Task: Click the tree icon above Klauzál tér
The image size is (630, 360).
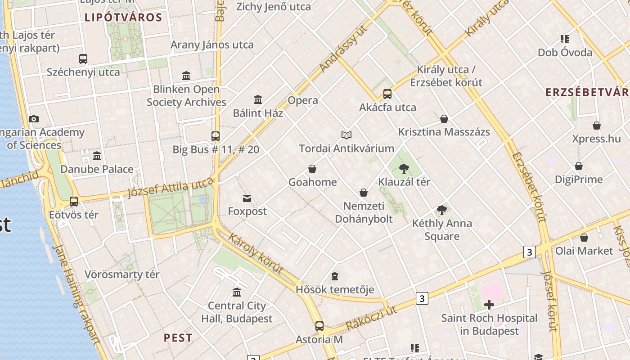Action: pyautogui.click(x=404, y=169)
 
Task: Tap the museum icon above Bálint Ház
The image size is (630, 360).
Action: pyautogui.click(x=258, y=99)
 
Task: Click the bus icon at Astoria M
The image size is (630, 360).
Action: pyautogui.click(x=319, y=326)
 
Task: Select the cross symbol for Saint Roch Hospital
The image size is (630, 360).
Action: pyautogui.click(x=489, y=305)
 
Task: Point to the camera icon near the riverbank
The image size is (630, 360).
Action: pyautogui.click(x=33, y=119)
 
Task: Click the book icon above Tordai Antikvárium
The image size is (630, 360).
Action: pyautogui.click(x=346, y=135)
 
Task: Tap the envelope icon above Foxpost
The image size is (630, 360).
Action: pyautogui.click(x=247, y=198)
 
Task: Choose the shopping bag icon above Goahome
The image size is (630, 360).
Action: pyautogui.click(x=312, y=169)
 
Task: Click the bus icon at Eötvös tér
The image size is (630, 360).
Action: pyautogui.click(x=73, y=202)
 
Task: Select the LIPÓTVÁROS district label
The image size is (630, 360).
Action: pyautogui.click(x=123, y=18)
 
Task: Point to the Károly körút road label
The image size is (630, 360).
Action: pyautogui.click(x=256, y=254)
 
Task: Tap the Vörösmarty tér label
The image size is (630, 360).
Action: pyautogui.click(x=122, y=274)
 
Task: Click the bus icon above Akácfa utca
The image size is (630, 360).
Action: pyautogui.click(x=387, y=94)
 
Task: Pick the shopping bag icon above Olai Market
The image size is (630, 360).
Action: pyautogui.click(x=584, y=238)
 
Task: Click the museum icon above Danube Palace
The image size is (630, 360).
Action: pyautogui.click(x=97, y=156)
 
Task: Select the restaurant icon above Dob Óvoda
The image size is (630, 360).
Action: pyautogui.click(x=564, y=39)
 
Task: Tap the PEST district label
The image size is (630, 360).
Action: pyautogui.click(x=178, y=338)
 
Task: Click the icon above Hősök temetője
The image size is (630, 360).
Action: pyautogui.click(x=334, y=276)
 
